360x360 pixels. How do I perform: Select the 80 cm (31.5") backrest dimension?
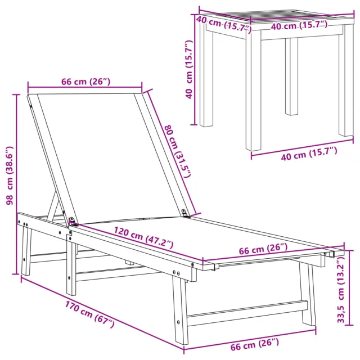pyautogui.click(x=178, y=150)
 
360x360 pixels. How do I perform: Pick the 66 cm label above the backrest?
pyautogui.click(x=85, y=82)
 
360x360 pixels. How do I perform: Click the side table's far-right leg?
pyautogui.click(x=345, y=84)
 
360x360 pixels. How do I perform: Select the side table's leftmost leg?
pyautogui.click(x=206, y=79)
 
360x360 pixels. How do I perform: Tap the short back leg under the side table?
pyautogui.click(x=291, y=76)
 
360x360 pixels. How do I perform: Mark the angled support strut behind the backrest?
pyautogui.click(x=54, y=206)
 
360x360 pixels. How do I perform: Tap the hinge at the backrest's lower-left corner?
pyautogui.click(x=72, y=222)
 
